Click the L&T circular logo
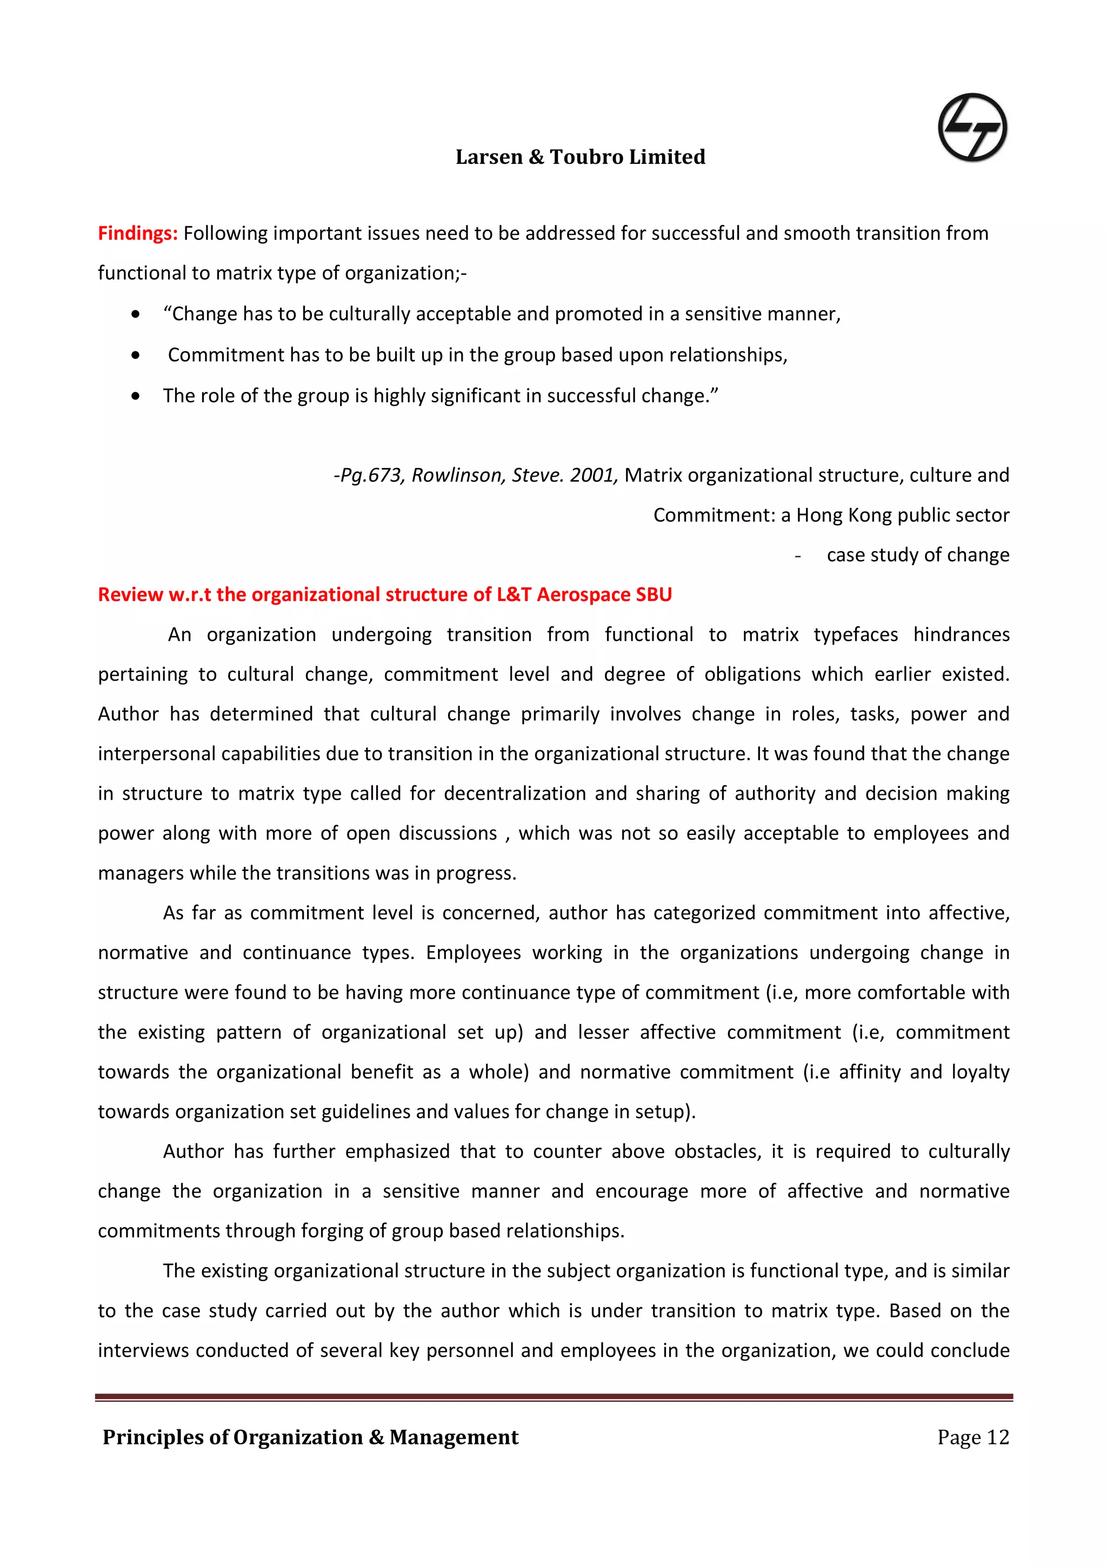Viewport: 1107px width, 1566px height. [x=972, y=128]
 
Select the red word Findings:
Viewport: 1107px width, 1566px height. [x=137, y=233]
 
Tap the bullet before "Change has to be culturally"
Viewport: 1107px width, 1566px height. [x=136, y=314]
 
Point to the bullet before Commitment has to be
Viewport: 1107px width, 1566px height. [x=136, y=356]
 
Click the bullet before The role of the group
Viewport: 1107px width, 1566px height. [x=136, y=396]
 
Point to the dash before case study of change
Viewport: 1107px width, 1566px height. [x=797, y=556]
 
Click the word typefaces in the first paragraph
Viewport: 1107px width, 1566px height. [x=855, y=635]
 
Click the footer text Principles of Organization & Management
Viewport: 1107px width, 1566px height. [x=310, y=1438]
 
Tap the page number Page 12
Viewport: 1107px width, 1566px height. [x=972, y=1438]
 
